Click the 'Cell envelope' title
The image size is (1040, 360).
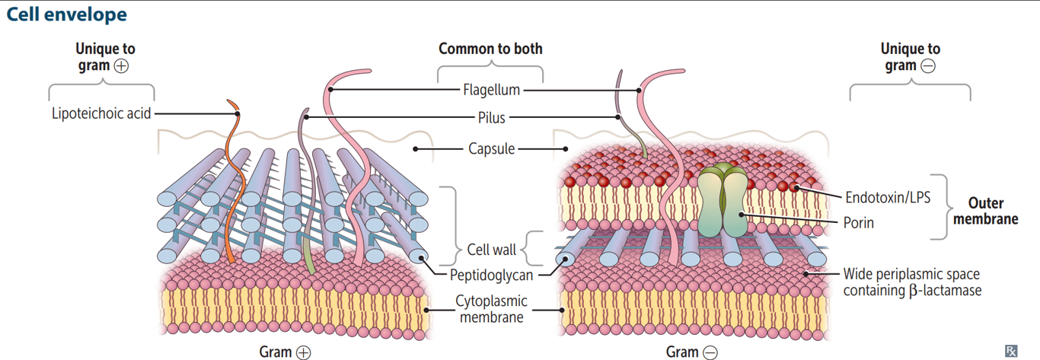tap(66, 14)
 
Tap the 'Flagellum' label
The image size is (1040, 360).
tap(491, 90)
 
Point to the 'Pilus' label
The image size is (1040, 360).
tap(491, 118)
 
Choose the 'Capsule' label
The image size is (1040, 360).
tap(491, 148)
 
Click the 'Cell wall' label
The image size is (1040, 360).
tap(492, 249)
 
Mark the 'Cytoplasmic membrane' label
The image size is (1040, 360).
tap(491, 309)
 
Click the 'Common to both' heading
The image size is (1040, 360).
tap(490, 49)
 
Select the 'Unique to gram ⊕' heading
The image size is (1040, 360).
tap(104, 57)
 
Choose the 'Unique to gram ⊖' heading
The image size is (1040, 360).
tap(910, 57)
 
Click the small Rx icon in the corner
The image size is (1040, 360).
tap(1011, 350)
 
